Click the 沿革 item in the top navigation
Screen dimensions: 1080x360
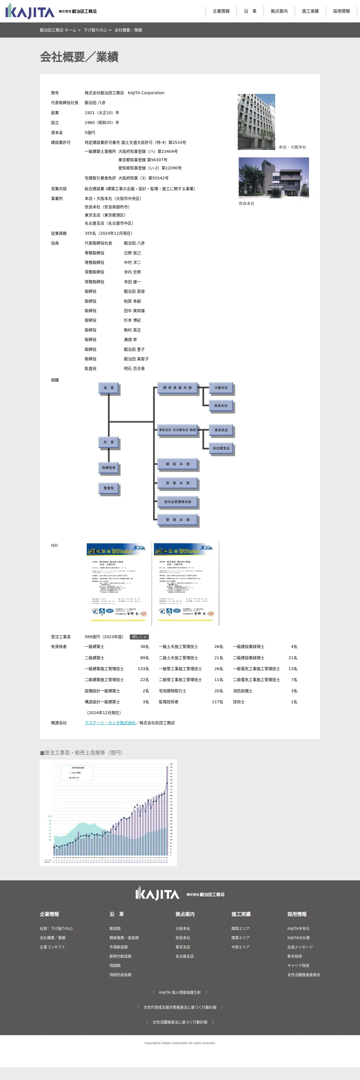250,11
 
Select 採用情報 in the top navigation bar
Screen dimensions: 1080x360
341,11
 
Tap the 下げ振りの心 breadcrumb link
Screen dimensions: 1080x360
95,30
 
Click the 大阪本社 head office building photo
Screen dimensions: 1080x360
256,122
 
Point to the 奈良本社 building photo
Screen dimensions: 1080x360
273,177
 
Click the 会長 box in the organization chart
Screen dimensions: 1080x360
109,388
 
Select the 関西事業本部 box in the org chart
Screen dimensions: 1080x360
177,388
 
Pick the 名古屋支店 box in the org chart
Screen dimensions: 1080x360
221,448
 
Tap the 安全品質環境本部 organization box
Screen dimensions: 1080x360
177,502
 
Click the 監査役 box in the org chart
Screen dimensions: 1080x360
109,488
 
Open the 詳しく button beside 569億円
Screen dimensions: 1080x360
139,637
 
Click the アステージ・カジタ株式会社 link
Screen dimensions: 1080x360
110,723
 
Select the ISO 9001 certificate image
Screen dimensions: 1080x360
117,583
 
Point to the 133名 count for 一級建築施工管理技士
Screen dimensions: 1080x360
143,669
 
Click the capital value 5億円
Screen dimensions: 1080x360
90,133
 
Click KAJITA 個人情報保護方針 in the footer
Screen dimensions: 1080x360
180,992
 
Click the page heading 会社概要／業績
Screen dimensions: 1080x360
79,57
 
